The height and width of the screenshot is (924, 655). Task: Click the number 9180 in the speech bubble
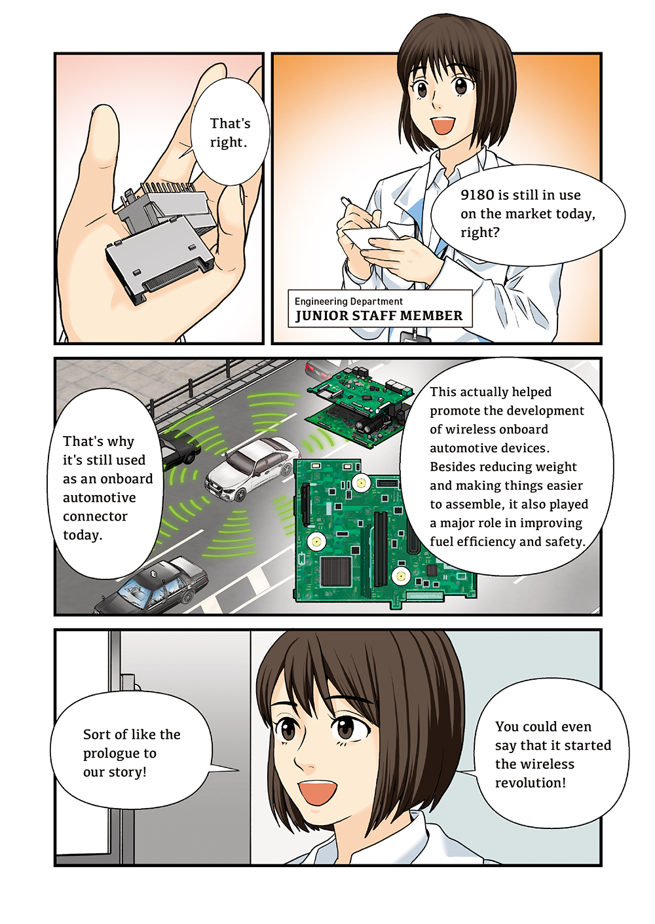477,194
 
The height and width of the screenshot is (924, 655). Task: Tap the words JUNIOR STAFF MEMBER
379,316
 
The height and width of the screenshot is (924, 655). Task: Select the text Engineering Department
348,301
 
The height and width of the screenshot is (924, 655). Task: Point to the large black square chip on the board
336,571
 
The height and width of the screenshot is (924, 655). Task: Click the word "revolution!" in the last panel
531,783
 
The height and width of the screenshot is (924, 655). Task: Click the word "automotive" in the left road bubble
99,498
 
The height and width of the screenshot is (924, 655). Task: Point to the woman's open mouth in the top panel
443,124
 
